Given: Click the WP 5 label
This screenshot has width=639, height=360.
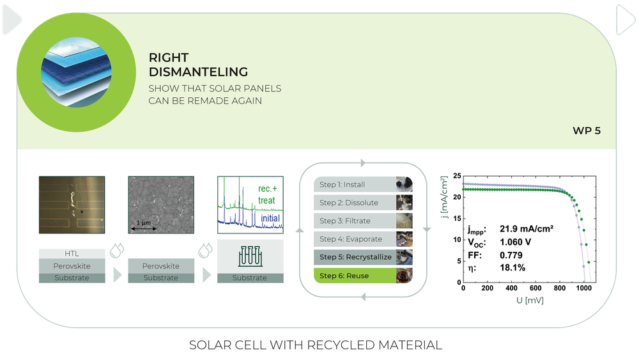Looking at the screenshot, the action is [x=587, y=131].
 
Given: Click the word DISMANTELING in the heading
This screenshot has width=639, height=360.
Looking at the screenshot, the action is [x=198, y=72].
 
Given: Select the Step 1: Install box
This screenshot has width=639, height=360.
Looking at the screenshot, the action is [x=363, y=184].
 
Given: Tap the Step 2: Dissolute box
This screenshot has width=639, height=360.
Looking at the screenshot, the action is [x=363, y=203].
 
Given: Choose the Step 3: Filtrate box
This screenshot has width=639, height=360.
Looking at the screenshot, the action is [x=363, y=221].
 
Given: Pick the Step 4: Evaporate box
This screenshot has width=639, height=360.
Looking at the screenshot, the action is [x=363, y=239].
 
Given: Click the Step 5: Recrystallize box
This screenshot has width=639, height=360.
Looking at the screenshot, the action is [x=363, y=257].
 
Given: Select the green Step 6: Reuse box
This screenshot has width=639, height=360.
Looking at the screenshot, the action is [x=363, y=276].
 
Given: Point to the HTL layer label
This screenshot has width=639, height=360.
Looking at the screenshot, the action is [x=72, y=254].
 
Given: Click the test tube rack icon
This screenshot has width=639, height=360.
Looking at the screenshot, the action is [x=250, y=256].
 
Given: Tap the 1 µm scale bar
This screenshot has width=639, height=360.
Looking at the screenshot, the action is [x=143, y=228].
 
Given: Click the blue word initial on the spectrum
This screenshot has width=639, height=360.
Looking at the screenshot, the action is [x=270, y=218].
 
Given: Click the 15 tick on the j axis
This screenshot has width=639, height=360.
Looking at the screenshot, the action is [x=458, y=219].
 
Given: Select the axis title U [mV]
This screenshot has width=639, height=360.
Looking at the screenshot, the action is [x=530, y=301].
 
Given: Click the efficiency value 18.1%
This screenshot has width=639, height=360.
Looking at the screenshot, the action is [x=512, y=267].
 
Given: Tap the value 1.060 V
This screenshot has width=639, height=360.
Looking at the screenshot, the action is [x=515, y=242].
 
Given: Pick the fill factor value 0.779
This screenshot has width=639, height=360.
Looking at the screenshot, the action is [x=511, y=255].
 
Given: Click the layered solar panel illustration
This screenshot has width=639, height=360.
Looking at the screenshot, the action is [x=76, y=72].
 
